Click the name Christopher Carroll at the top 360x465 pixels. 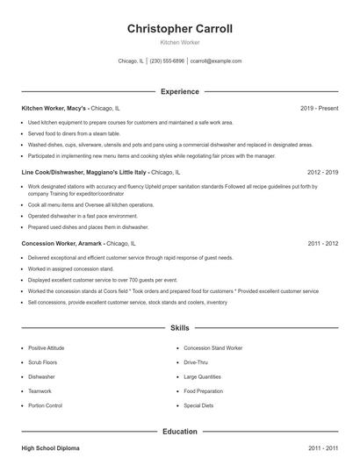[x=180, y=29]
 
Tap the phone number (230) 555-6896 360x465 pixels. [x=167, y=61]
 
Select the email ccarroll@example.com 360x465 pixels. [x=216, y=61]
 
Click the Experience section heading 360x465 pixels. [x=180, y=91]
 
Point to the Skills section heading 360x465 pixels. [x=180, y=328]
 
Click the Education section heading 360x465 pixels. [x=180, y=432]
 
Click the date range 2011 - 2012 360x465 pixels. [x=323, y=243]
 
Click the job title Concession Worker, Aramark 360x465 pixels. [x=61, y=243]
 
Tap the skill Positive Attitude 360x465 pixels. [x=46, y=348]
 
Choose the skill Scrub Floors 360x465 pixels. [x=42, y=362]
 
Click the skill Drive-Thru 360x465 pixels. [x=196, y=362]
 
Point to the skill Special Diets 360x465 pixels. [x=198, y=406]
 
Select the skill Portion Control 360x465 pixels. [x=46, y=406]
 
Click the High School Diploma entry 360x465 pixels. [x=50, y=448]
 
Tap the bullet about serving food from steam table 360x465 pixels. [x=73, y=133]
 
